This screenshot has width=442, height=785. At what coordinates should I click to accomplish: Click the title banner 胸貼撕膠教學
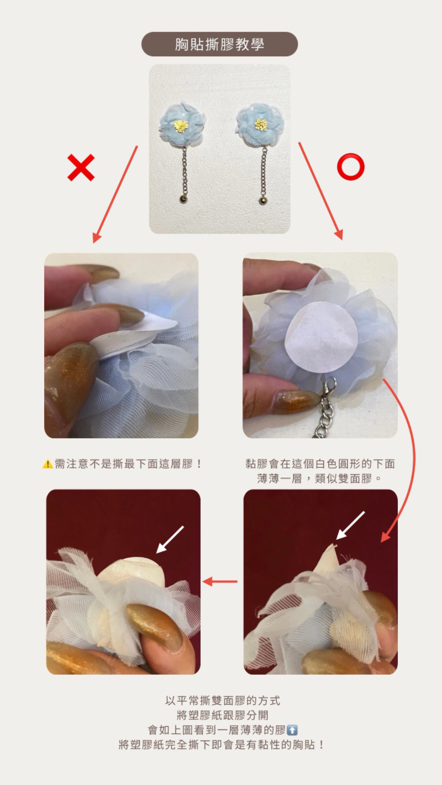pyautogui.click(x=219, y=44)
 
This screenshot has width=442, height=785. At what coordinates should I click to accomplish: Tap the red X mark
pyautogui.click(x=81, y=167)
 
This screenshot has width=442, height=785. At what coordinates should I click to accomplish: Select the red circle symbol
pyautogui.click(x=351, y=167)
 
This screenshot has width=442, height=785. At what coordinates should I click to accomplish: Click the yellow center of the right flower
pyautogui.click(x=261, y=124)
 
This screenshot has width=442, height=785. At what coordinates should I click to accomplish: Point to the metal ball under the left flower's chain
pyautogui.click(x=183, y=199)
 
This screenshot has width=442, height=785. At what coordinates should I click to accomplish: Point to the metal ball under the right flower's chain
pyautogui.click(x=263, y=201)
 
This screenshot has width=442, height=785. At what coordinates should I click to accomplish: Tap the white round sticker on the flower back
pyautogui.click(x=322, y=336)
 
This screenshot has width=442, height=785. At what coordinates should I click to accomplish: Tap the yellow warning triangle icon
pyautogui.click(x=48, y=464)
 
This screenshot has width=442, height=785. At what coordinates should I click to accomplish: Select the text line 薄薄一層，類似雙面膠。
pyautogui.click(x=319, y=479)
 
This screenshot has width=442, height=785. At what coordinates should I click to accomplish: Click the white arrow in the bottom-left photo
pyautogui.click(x=170, y=540)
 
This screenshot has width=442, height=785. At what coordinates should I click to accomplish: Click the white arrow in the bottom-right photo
pyautogui.click(x=350, y=526)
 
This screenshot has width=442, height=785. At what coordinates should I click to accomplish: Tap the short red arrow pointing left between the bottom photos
pyautogui.click(x=220, y=582)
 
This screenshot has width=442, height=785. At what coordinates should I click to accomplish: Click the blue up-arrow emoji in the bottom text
pyautogui.click(x=292, y=730)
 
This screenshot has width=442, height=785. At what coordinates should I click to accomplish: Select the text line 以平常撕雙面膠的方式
pyautogui.click(x=223, y=701)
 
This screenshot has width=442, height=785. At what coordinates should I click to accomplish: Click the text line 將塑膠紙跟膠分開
pyautogui.click(x=223, y=715)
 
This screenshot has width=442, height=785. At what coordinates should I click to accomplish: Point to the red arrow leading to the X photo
pyautogui.click(x=115, y=194)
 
